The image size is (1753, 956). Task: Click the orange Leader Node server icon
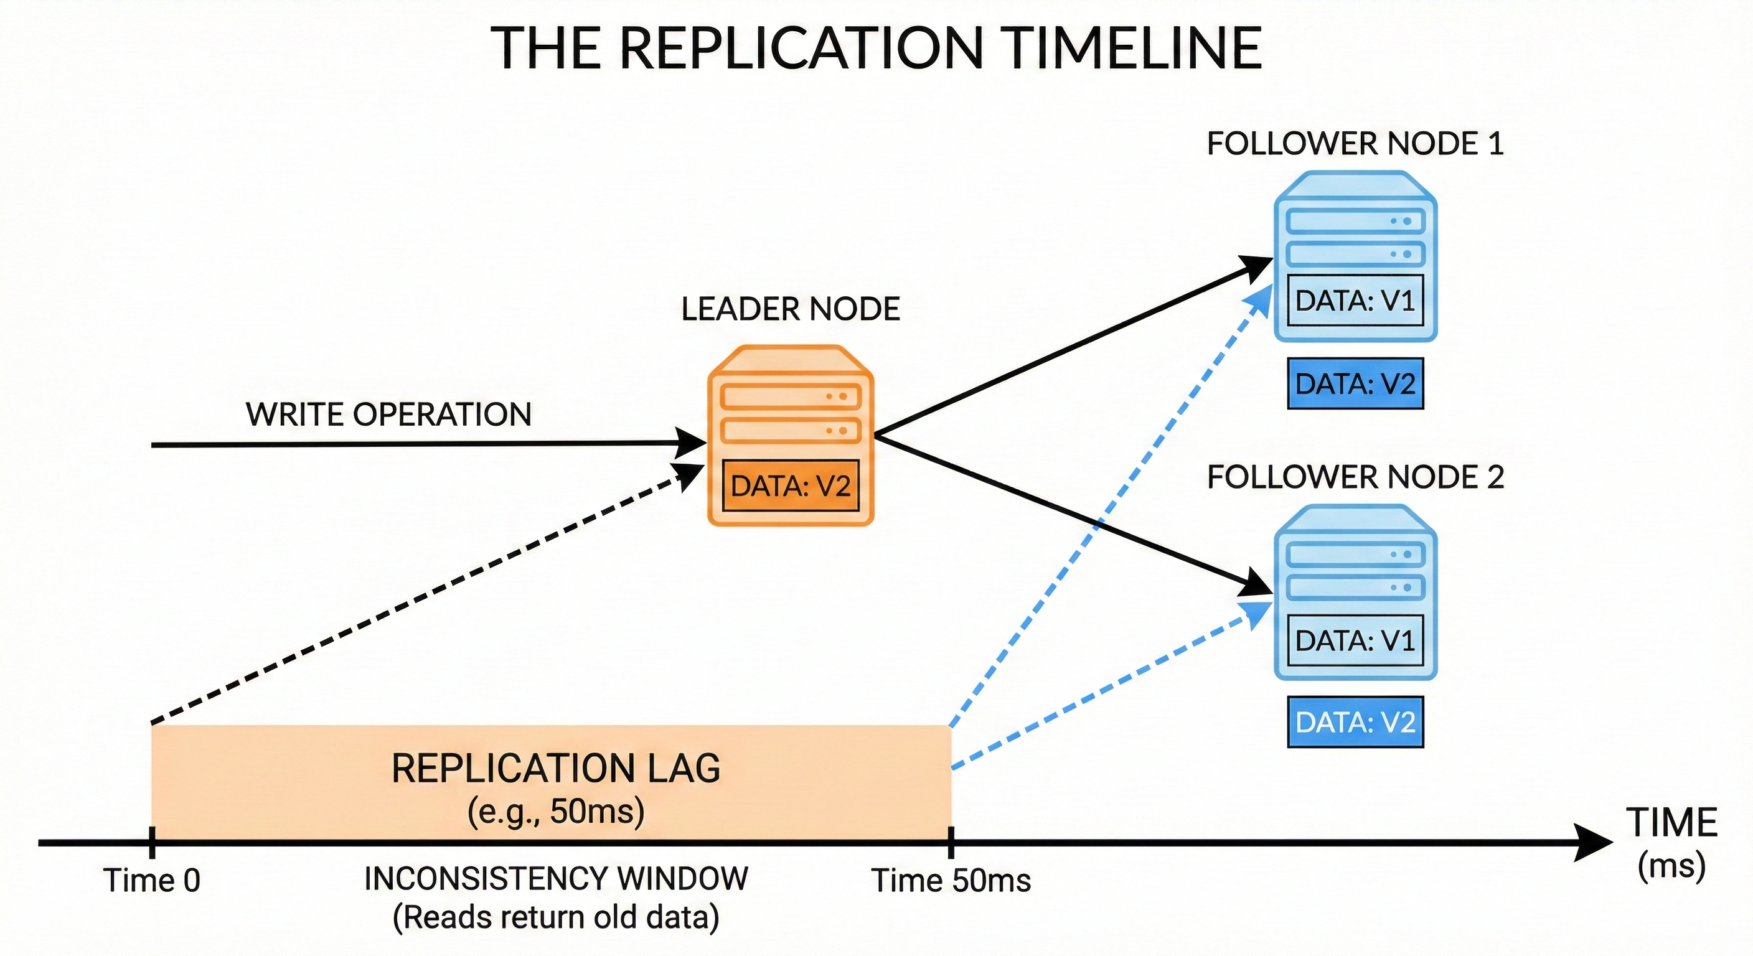pos(791,436)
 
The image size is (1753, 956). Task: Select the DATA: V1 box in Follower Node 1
pos(1355,300)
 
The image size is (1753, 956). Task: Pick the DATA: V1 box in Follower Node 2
pos(1355,640)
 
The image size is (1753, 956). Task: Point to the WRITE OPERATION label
pos(388,415)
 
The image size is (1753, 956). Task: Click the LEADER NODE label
pos(791,309)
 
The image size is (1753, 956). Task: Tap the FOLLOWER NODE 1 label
pos(1355,144)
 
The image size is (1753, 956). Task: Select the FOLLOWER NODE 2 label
pos(1355,477)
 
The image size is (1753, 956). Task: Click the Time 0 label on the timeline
pos(152,881)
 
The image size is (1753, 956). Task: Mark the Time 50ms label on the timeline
pos(951,881)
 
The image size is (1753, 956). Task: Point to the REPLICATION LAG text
pos(556,768)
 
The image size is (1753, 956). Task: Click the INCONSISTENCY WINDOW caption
pos(556,878)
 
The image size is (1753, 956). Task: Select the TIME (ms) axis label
pos(1672,844)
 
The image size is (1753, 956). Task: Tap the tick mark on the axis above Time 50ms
pos(951,842)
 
